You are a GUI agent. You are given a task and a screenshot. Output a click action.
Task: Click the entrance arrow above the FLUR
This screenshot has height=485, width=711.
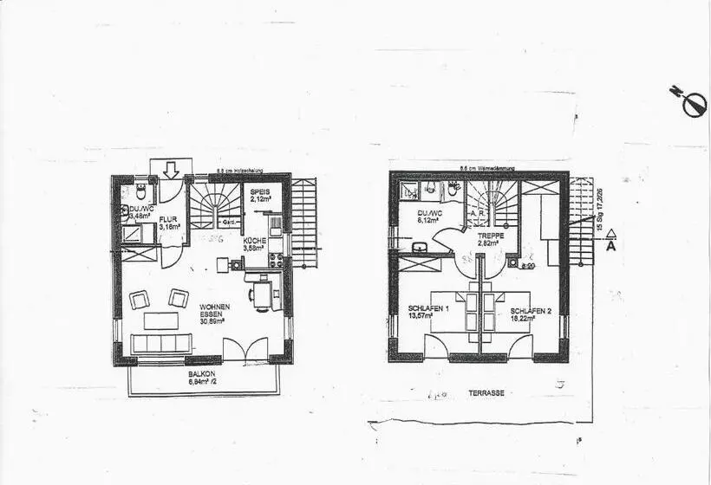pyautogui.click(x=170, y=169)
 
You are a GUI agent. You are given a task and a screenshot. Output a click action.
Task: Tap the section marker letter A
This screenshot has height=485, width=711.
pyautogui.click(x=610, y=246)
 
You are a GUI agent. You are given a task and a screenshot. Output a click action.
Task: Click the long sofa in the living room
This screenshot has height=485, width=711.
pyautogui.click(x=160, y=343)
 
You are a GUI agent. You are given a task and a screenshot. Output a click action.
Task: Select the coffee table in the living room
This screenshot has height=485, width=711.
pyautogui.click(x=160, y=320)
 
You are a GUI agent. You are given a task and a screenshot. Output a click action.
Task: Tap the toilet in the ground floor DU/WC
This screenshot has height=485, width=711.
pyautogui.click(x=141, y=191)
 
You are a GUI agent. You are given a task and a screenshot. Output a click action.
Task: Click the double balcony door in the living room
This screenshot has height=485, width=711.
pyautogui.click(x=245, y=350)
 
